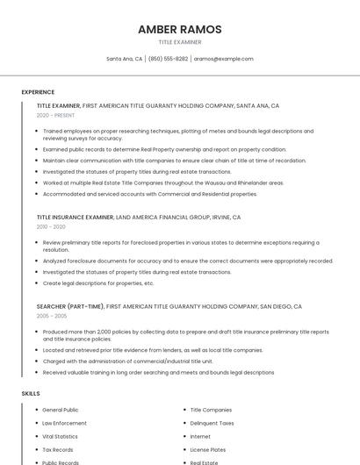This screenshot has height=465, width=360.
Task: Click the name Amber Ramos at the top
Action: (179, 29)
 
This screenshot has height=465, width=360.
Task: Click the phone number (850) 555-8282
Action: (168, 59)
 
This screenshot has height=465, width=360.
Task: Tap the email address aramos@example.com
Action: (223, 59)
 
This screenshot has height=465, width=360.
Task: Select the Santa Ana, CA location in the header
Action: (124, 59)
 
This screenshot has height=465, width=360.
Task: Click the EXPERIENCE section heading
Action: (38, 92)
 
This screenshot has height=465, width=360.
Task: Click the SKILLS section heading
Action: (31, 394)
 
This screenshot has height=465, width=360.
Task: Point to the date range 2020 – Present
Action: (55, 115)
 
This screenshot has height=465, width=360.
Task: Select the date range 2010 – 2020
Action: (51, 226)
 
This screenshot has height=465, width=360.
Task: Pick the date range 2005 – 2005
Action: (51, 316)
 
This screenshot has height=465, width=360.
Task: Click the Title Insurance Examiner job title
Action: (75, 217)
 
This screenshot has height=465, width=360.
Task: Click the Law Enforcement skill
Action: (64, 423)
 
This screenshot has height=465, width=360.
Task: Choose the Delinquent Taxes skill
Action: (212, 423)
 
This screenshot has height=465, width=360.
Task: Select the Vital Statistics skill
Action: (60, 436)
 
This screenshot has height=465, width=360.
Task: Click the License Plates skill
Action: (208, 449)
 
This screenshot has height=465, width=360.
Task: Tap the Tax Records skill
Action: (58, 449)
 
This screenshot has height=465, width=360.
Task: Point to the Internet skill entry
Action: (200, 436)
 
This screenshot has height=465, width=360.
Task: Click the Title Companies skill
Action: (211, 410)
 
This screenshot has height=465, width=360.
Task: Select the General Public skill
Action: (60, 410)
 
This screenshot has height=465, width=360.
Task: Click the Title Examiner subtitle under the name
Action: (179, 42)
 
